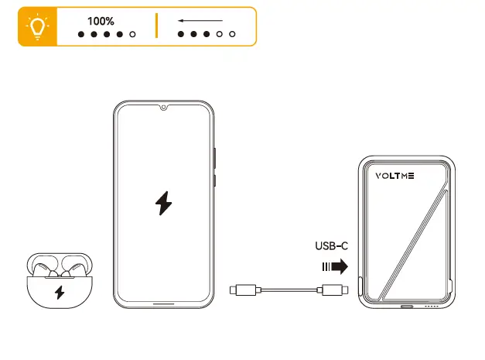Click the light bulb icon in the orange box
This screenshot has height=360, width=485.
coord(36,26)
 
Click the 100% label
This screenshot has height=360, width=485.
coord(101,21)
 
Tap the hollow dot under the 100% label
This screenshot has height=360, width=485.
coord(132,35)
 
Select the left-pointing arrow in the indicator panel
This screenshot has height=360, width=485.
coord(200,21)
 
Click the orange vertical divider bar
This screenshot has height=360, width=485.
coord(156,26)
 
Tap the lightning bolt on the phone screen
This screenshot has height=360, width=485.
coord(163,204)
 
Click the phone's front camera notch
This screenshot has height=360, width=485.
coord(164,107)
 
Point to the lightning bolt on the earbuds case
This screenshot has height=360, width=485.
coord(60,293)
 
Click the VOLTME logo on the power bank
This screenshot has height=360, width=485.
coord(394,175)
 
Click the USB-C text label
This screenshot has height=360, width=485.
coord(331,247)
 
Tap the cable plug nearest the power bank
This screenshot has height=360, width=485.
coord(335,290)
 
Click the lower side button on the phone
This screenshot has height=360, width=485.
coord(214,181)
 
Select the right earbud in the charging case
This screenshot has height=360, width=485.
coord(75,267)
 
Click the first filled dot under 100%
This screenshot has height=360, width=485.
coord(81,35)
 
